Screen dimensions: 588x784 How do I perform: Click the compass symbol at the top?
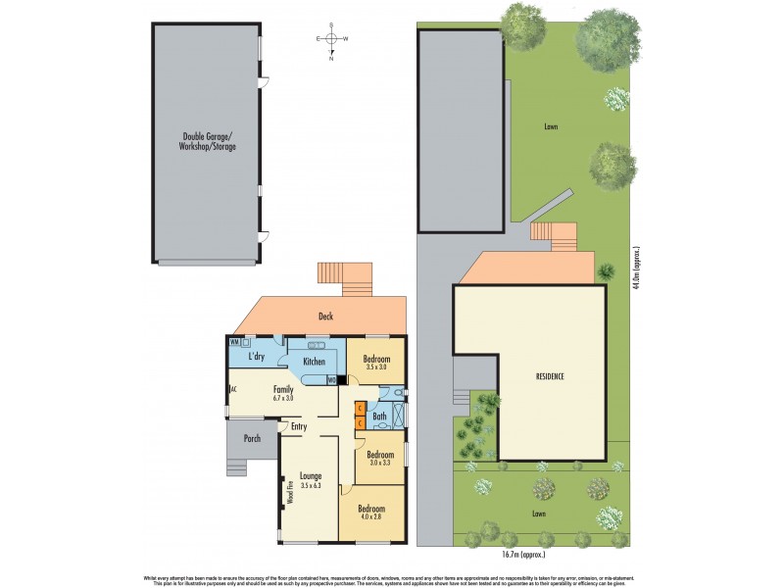tap(331, 39)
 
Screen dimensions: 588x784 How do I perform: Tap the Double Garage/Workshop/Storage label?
tap(209, 141)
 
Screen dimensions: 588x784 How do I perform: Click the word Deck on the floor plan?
tap(327, 317)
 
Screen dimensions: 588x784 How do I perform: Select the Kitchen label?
tap(314, 362)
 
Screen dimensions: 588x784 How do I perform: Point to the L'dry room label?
tap(257, 357)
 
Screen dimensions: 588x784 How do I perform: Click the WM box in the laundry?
tap(234, 342)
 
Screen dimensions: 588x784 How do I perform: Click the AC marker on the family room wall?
tap(233, 389)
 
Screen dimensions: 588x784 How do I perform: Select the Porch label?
tap(252, 438)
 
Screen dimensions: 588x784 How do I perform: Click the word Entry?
tap(298, 426)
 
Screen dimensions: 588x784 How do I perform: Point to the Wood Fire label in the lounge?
tap(290, 491)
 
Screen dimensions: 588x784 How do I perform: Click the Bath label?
tap(378, 416)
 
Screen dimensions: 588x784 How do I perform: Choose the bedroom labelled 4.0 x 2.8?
tap(370, 514)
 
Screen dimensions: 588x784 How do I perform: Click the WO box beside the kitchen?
tap(331, 380)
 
